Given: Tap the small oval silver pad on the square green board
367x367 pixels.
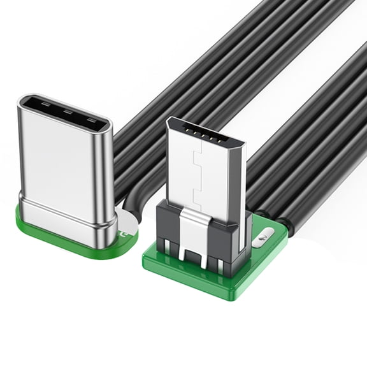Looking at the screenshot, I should [x=261, y=238].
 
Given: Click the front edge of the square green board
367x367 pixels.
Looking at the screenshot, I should [x=191, y=280].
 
